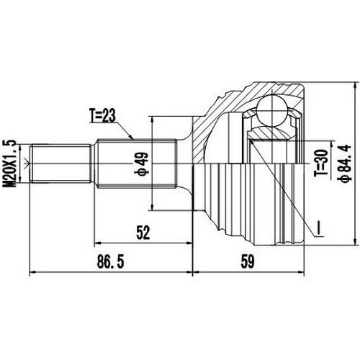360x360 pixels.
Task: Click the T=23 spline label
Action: tap(104, 114)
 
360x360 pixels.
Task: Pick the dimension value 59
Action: tap(248, 262)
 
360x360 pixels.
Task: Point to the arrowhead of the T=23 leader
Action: tap(134, 138)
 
